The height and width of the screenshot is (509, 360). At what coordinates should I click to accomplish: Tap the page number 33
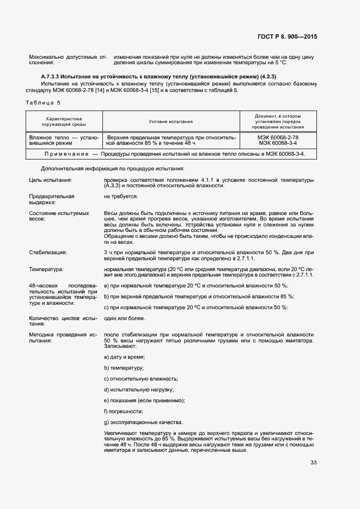[x=313, y=463]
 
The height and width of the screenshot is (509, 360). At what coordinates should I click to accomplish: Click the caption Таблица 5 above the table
[x=43, y=102]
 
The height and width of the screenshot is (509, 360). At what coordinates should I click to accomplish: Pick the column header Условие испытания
[x=170, y=122]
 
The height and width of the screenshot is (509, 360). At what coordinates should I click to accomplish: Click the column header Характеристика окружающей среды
[x=63, y=121]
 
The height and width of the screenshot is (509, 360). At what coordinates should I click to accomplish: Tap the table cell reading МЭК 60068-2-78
[x=277, y=138]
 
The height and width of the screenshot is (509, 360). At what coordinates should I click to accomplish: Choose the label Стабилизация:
[x=47, y=252]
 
